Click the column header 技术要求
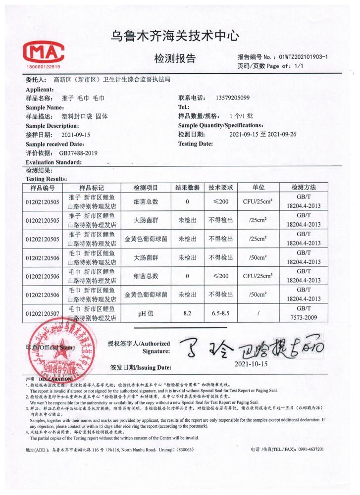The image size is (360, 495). coord(220,188)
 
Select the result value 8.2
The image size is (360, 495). coord(187,314)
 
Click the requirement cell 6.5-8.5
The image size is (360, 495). coord(220,314)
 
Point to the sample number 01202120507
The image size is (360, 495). coord(42,314)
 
